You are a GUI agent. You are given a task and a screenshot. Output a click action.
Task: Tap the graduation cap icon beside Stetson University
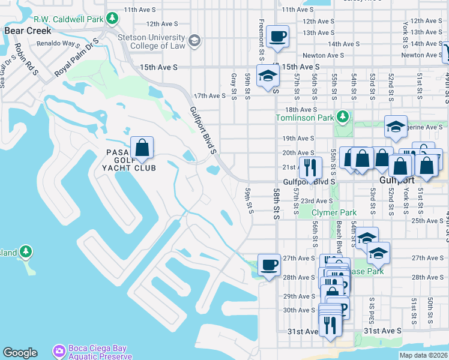coord(194,41)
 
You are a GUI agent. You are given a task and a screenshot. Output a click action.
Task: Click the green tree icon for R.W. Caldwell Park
coord(112,19)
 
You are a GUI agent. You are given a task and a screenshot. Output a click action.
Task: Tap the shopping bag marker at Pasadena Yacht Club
coord(142,148)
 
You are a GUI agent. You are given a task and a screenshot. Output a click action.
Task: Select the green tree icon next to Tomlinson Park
coord(343,116)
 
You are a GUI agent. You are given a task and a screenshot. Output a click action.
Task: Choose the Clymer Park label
coord(334,212)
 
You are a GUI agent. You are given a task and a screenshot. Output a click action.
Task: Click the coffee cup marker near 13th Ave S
coord(278,37)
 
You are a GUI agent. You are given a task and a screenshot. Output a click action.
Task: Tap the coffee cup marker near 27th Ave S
coord(269,265)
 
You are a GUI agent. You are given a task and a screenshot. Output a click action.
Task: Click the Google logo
coord(20,353)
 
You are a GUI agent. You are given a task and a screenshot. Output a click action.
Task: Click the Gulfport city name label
coord(397,180)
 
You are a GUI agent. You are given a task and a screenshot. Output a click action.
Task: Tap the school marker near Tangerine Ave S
coord(396,127)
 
